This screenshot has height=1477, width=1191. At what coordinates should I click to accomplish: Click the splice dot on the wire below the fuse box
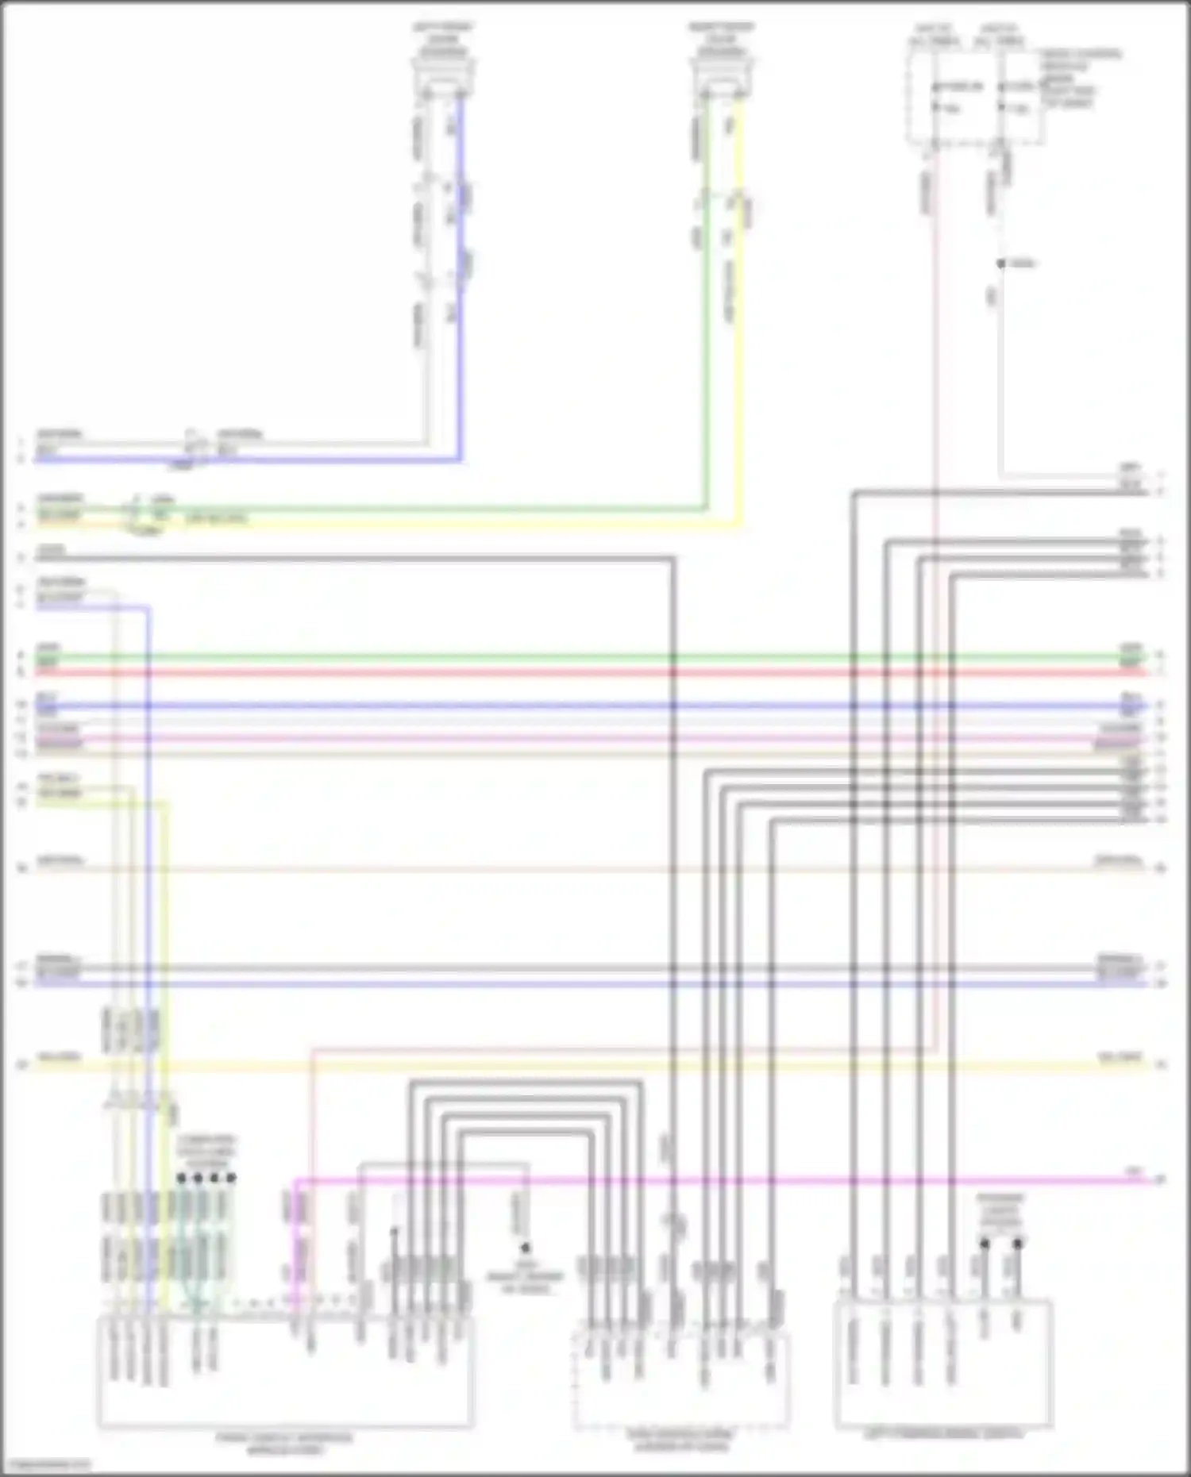coord(1000,263)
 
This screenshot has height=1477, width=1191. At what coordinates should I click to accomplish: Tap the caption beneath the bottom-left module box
coord(285,1444)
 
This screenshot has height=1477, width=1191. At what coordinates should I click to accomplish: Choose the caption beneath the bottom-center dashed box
coord(680,1440)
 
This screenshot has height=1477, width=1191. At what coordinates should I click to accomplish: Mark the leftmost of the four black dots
coord(181,1179)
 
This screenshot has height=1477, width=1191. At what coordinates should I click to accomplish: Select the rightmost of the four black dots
coord(231,1179)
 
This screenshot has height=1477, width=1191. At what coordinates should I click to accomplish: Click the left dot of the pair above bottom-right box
coord(984,1244)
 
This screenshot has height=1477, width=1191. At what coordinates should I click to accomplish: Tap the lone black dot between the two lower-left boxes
coord(525,1248)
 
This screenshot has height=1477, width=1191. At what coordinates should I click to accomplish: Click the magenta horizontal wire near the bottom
coord(715,1181)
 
